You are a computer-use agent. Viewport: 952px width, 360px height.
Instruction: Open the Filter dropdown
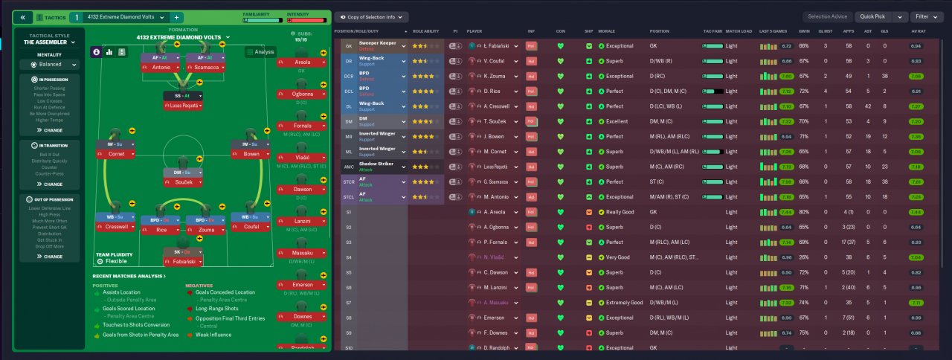pos(926,16)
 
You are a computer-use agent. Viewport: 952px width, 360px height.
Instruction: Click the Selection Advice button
pos(828,16)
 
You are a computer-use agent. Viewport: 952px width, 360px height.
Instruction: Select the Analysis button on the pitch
pos(260,52)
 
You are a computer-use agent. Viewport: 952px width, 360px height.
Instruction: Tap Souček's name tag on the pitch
pos(182,182)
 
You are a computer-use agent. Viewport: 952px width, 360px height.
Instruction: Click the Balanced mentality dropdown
pos(50,65)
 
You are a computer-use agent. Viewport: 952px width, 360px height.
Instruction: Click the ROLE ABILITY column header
pos(426,31)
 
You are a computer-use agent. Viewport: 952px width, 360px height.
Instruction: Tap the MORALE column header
pos(607,31)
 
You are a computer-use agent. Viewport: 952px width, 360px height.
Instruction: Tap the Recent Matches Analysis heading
pos(129,276)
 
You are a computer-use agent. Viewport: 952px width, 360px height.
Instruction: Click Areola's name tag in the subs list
pos(302,62)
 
